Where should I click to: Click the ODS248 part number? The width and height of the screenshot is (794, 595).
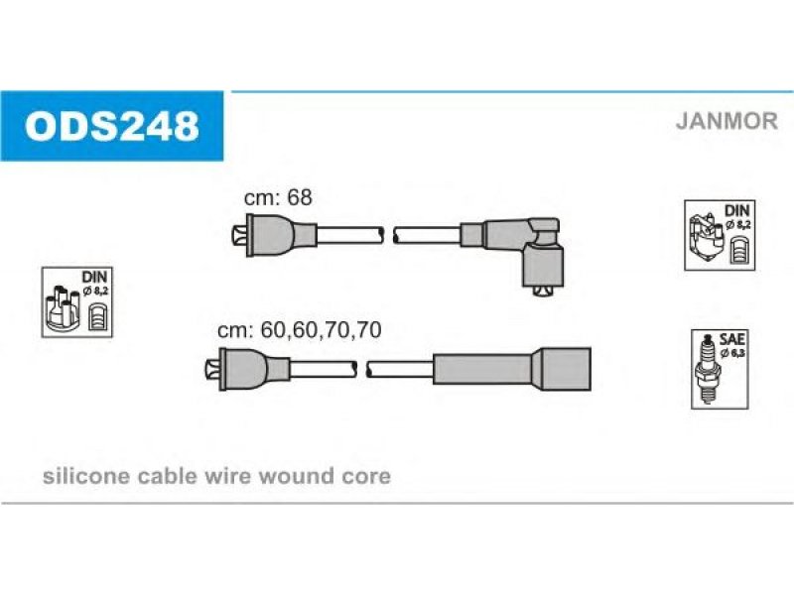[x=112, y=126]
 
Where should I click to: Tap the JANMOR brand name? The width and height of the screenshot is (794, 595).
[x=727, y=122]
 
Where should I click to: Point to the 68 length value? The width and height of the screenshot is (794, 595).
[x=299, y=197]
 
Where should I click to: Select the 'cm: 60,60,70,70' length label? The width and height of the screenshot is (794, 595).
[x=300, y=330]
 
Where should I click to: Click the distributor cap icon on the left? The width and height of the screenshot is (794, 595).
[x=65, y=308]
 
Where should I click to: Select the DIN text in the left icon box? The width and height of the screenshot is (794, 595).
[x=92, y=276]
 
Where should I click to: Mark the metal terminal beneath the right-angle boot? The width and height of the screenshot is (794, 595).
[x=541, y=289]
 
